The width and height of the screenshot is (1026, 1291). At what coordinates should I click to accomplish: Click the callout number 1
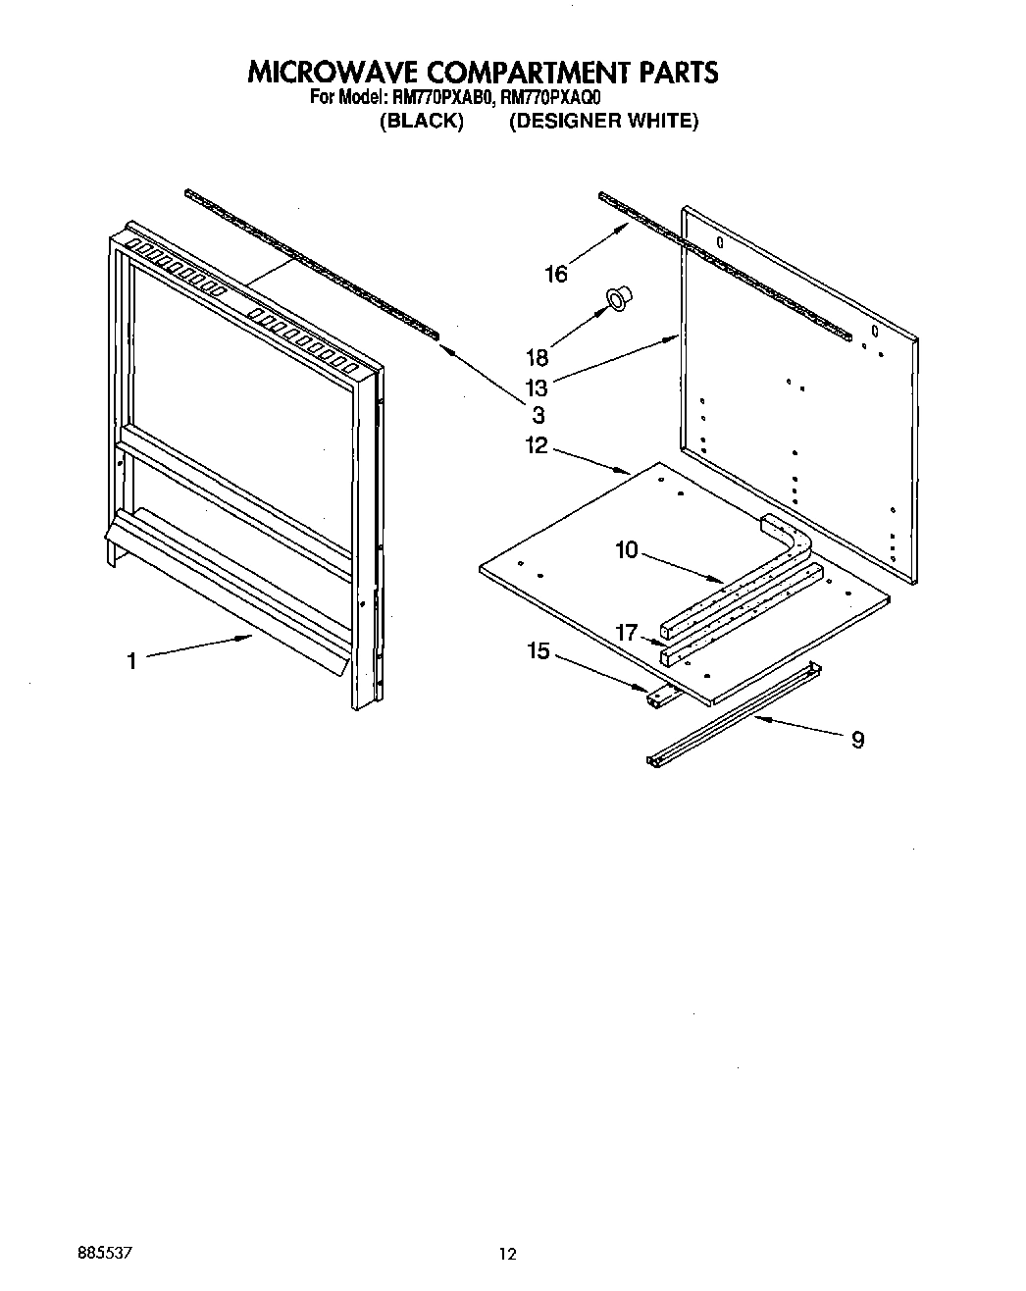131,661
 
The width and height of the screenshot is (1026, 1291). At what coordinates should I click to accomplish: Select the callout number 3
538,415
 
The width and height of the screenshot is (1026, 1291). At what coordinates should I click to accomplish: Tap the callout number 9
857,740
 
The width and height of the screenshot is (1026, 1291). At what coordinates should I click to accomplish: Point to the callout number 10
627,550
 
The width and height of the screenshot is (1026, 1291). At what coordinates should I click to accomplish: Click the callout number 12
538,445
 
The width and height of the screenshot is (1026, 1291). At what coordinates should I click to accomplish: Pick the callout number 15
539,650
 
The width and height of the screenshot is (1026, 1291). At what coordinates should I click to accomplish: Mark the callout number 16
556,275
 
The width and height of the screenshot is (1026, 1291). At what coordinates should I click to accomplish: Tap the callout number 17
628,634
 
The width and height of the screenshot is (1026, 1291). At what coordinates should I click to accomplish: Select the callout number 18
538,358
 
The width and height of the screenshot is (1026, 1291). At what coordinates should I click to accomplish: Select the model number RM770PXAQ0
550,98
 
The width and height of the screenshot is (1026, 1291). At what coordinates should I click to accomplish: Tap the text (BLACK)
421,122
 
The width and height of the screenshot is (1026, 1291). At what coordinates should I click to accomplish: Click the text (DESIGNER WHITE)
603,122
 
